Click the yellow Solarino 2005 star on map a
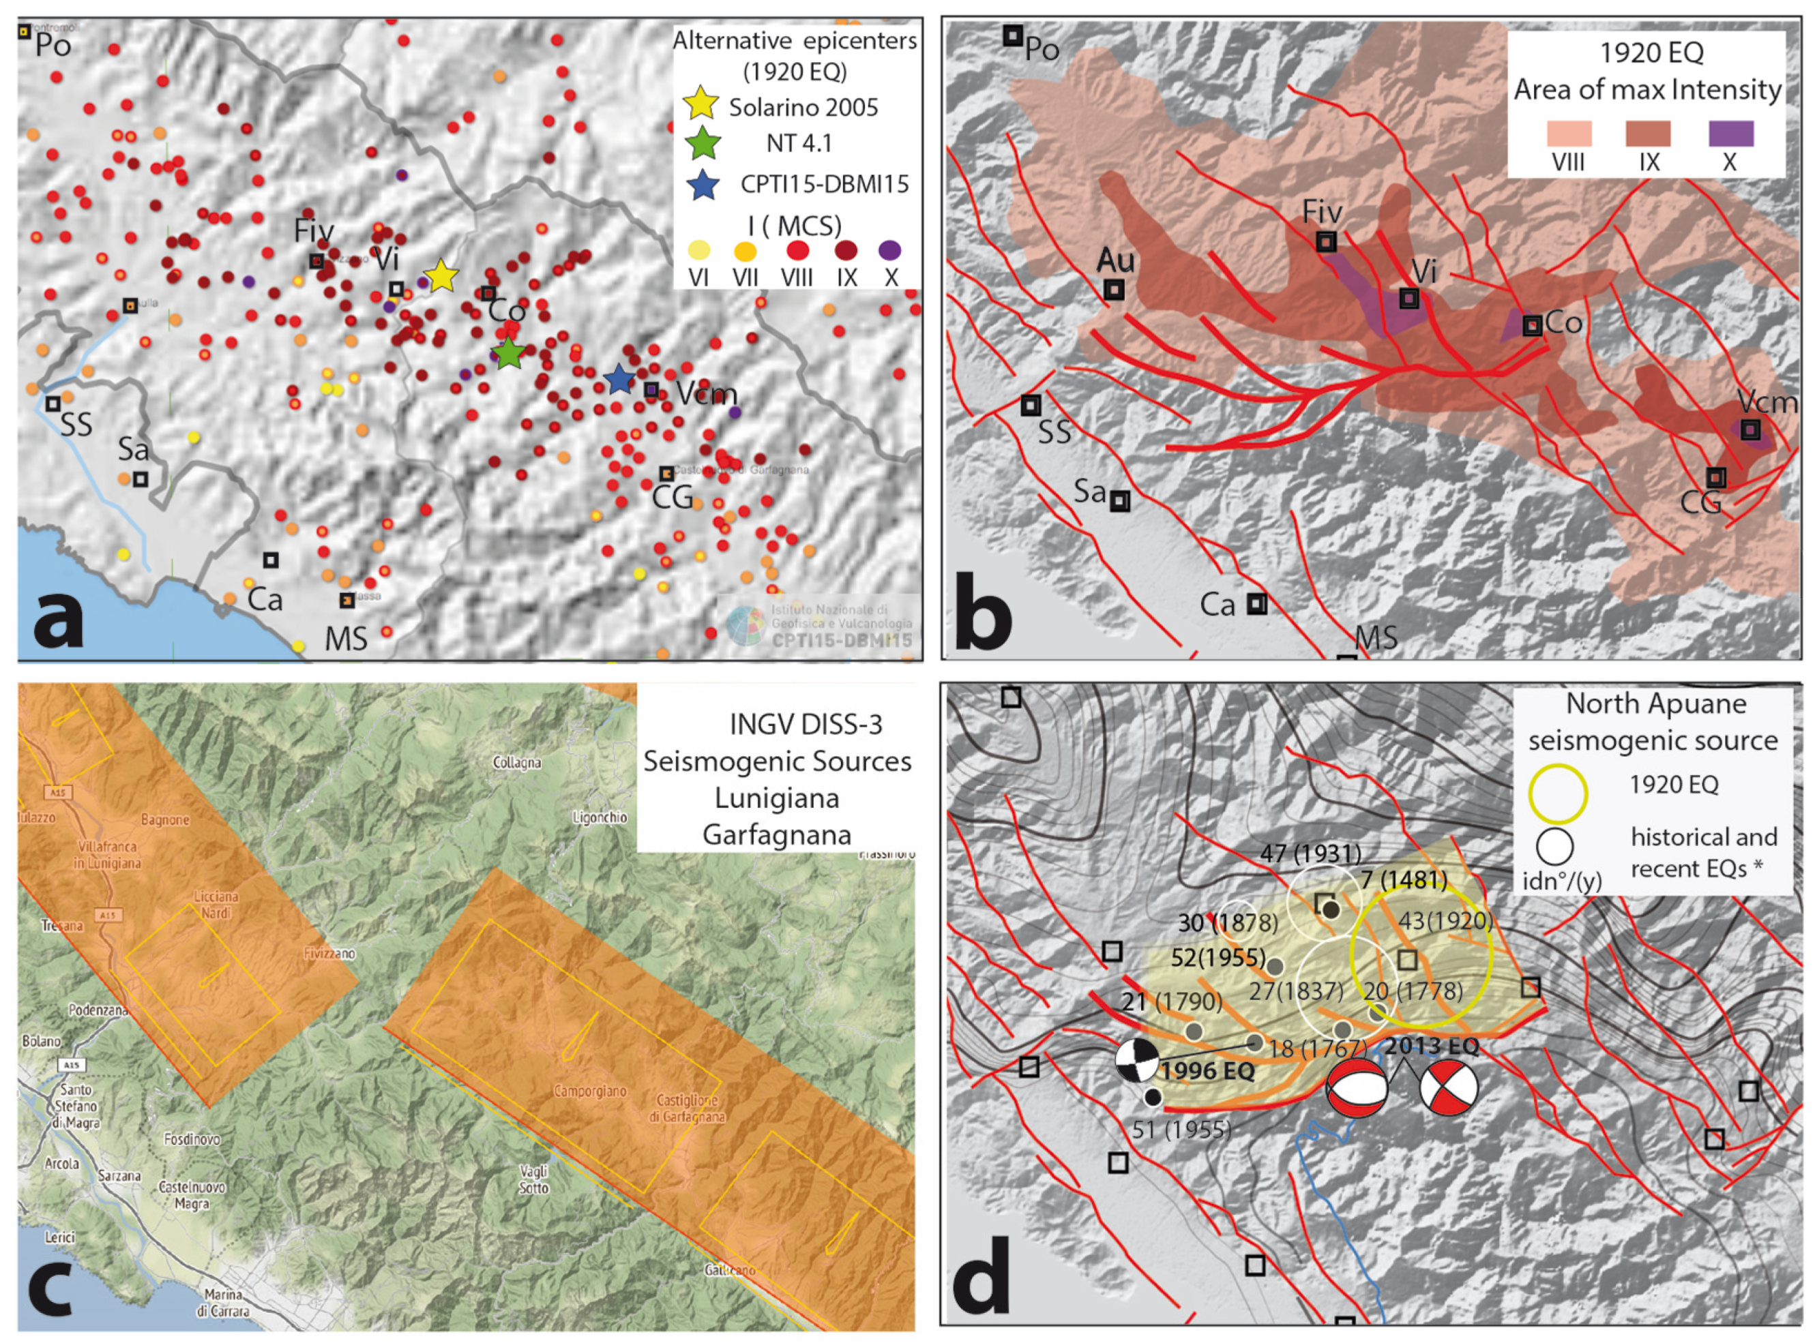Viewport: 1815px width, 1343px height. [441, 276]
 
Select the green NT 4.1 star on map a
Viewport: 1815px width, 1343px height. [508, 353]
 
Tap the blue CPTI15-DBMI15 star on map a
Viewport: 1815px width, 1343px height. [619, 379]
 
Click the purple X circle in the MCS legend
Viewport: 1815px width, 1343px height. [890, 250]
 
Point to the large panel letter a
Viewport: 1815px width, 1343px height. [59, 618]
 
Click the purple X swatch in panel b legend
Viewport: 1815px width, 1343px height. [1730, 134]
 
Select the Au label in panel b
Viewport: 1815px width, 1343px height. [1115, 260]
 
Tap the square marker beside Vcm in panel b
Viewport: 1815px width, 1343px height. [1750, 430]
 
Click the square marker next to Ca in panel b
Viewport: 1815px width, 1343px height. [1257, 604]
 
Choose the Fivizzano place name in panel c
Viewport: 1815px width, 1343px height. [329, 953]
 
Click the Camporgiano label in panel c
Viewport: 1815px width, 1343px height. [589, 1090]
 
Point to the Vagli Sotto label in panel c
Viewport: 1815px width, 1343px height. [534, 1179]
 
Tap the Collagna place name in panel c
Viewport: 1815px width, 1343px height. [516, 763]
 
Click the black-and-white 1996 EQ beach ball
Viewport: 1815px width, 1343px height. [1136, 1061]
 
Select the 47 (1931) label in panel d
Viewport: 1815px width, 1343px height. [1310, 854]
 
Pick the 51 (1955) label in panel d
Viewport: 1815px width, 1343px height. [1181, 1129]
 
